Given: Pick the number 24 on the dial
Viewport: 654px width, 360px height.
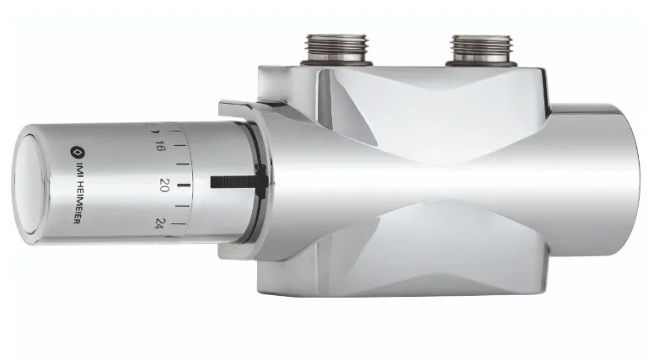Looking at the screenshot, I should click(x=159, y=222).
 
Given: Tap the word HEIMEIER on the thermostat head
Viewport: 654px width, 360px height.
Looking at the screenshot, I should click(x=76, y=202).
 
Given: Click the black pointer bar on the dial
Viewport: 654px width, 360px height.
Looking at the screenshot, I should click(x=239, y=180).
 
